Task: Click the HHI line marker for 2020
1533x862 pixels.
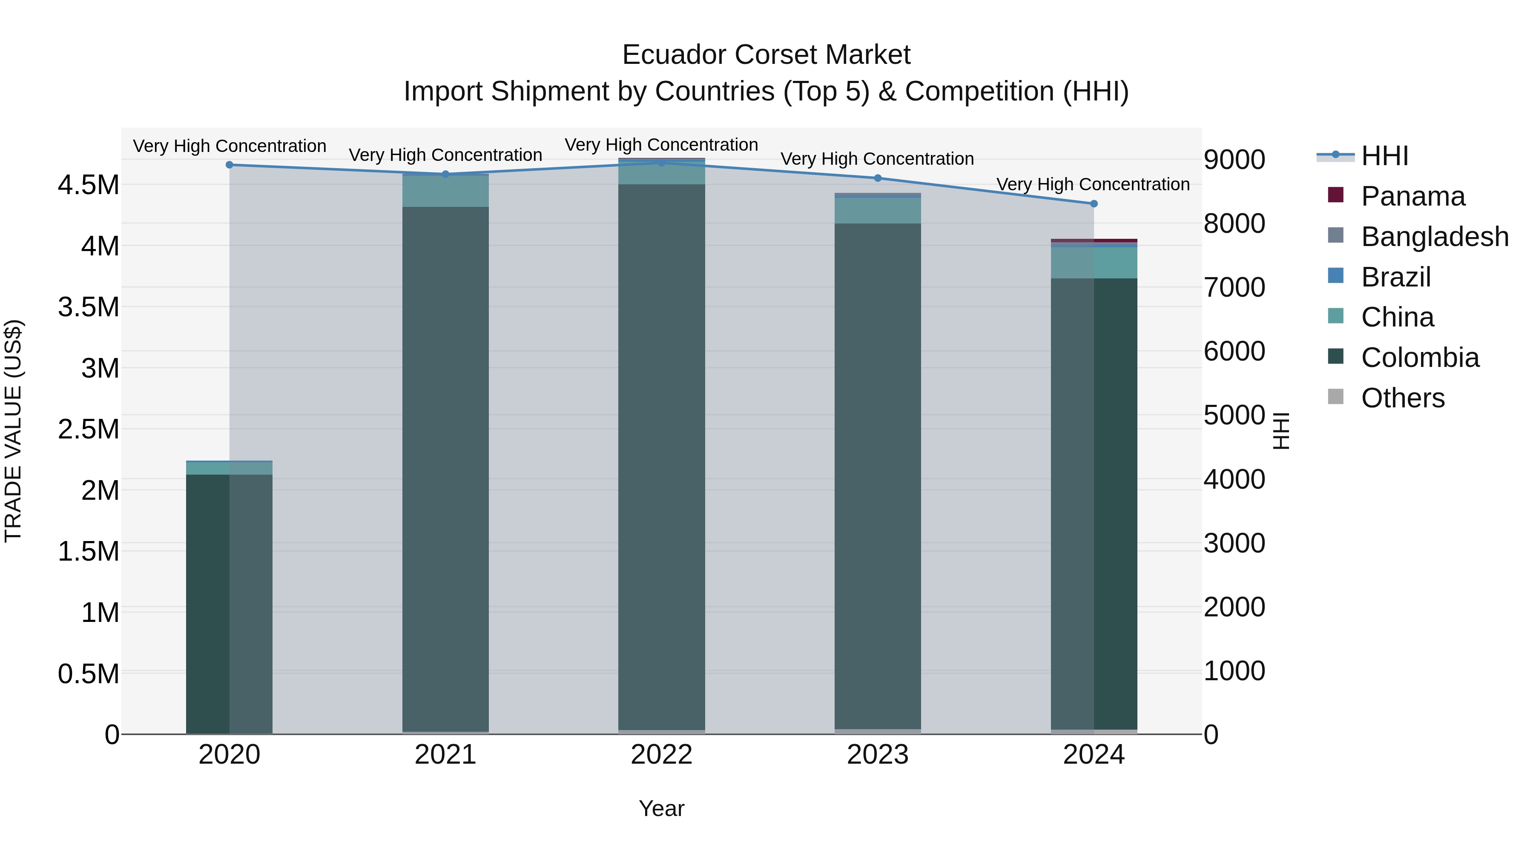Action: [230, 165]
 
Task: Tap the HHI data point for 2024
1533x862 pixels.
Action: [1094, 204]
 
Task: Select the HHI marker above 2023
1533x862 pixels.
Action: [878, 178]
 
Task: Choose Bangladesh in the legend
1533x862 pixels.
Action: [1434, 237]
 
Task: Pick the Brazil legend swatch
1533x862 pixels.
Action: [1336, 276]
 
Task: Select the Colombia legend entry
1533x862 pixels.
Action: [1419, 358]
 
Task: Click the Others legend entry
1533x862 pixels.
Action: [1402, 398]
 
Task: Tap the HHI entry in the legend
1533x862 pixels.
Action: [1384, 156]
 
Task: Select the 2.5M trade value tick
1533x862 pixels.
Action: [88, 430]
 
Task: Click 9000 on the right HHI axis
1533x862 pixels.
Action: [1234, 160]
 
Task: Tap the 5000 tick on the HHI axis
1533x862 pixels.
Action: [1234, 415]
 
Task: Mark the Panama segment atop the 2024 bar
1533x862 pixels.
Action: [1094, 241]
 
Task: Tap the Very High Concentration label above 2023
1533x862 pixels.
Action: [877, 159]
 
